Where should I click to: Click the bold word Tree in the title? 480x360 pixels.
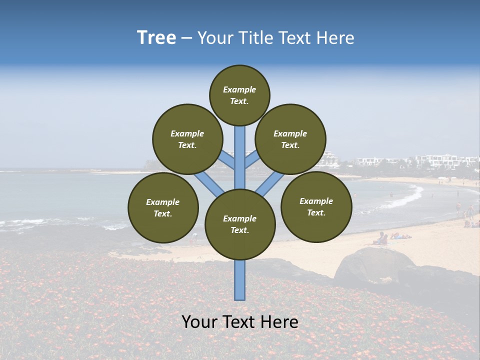point(156,38)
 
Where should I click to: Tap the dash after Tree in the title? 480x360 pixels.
point(186,38)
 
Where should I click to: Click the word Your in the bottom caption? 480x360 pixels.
point(198,321)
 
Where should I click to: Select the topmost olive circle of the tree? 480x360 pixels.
point(239,95)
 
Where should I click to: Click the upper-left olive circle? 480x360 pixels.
point(187,139)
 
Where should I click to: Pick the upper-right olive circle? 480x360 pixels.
point(290,139)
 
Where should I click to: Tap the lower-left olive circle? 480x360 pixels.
point(163,207)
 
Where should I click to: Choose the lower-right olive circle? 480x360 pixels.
point(316,206)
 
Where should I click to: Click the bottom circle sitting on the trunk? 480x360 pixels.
point(240,224)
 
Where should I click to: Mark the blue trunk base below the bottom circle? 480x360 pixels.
point(240,280)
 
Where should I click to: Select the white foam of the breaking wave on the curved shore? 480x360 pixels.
point(407,198)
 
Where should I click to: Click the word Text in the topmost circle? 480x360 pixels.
point(238,101)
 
